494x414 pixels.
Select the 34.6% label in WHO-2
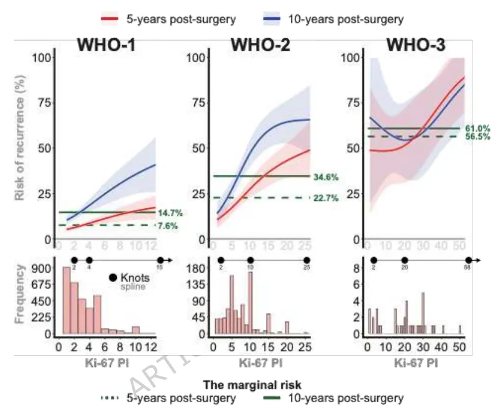tap(325, 177)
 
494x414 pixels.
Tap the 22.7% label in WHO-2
tap(325, 198)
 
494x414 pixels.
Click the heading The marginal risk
tap(248, 385)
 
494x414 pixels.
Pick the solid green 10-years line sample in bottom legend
tap(279, 398)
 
